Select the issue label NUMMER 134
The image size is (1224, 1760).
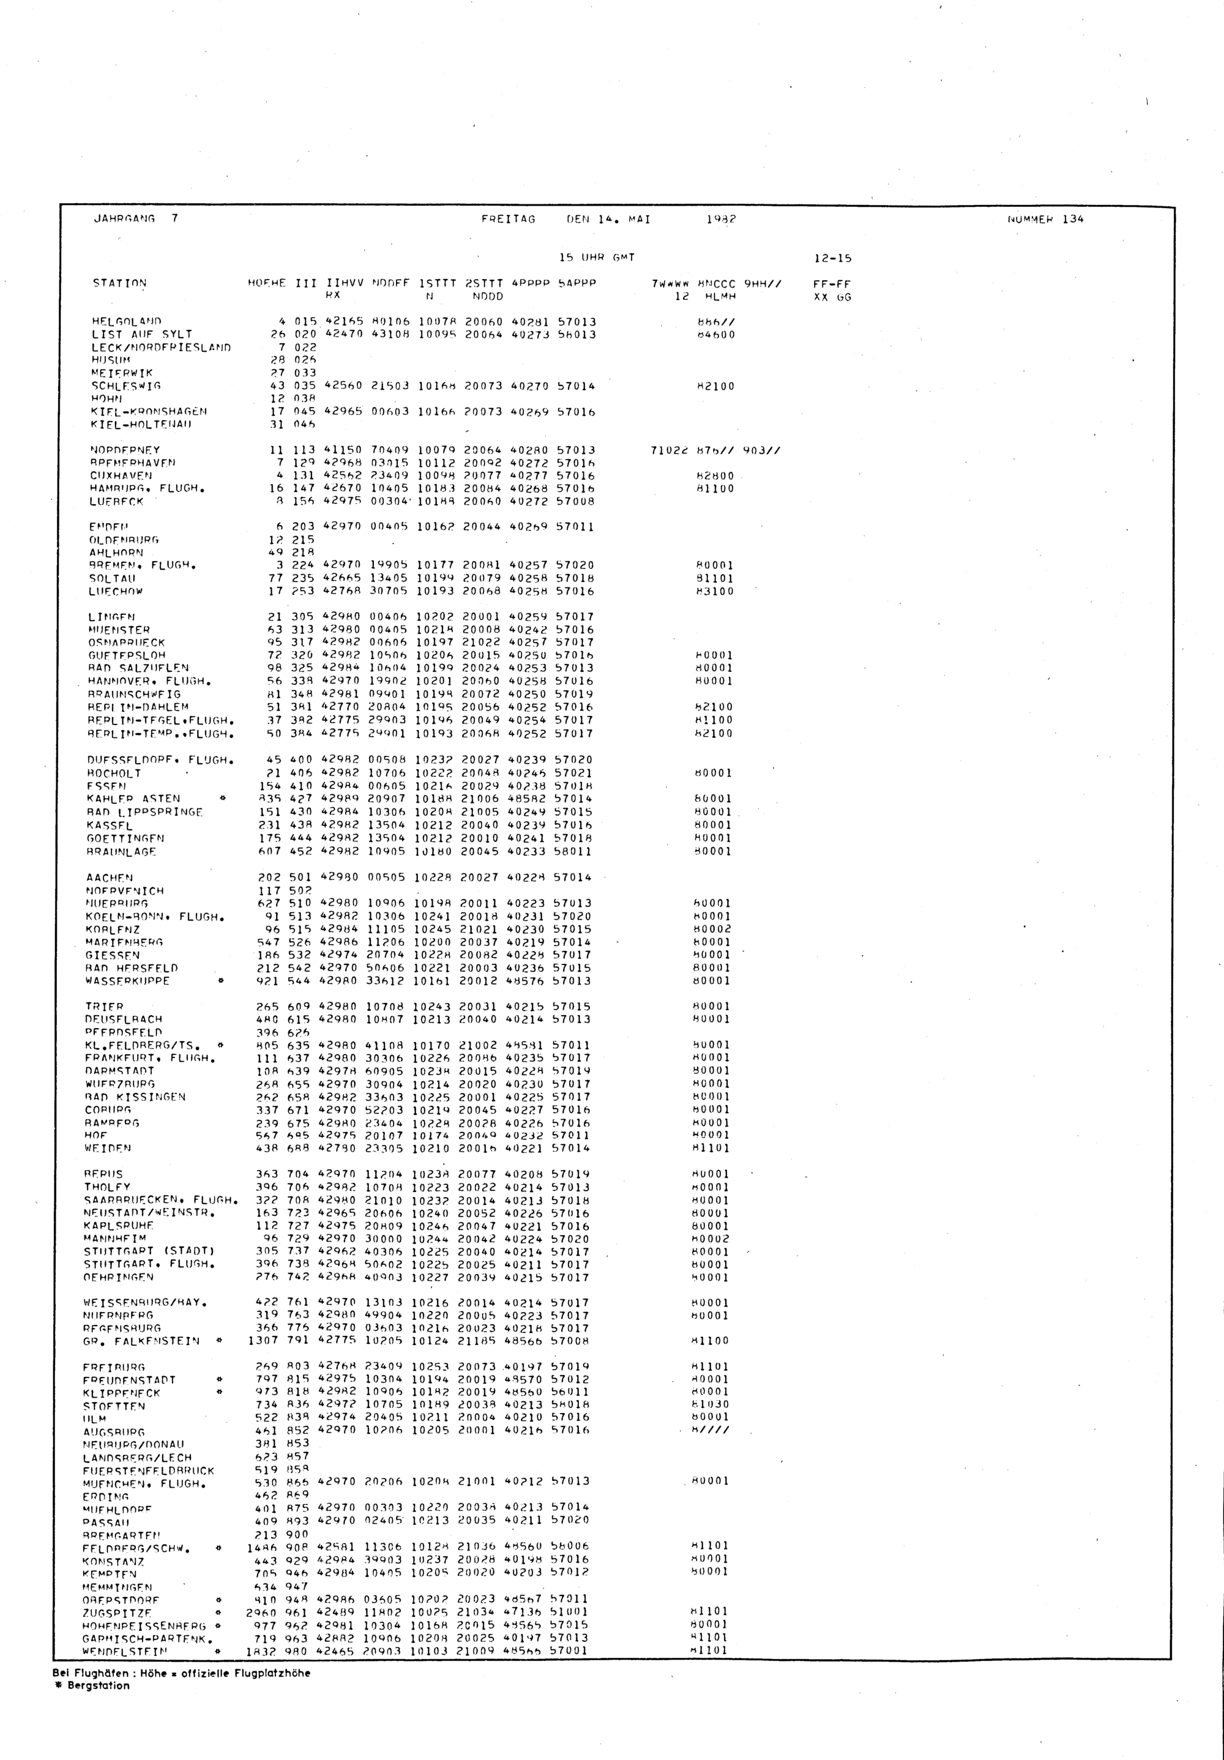pyautogui.click(x=1045, y=219)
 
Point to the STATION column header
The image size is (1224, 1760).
pyautogui.click(x=119, y=283)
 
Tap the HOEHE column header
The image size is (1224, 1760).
pyautogui.click(x=267, y=283)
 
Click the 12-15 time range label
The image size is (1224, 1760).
pyautogui.click(x=832, y=258)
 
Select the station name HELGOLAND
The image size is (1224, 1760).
pyautogui.click(x=127, y=321)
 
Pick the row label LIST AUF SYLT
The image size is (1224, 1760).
pyautogui.click(x=142, y=334)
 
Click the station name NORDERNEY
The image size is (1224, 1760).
pyautogui.click(x=125, y=450)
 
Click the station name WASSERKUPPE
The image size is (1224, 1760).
pyautogui.click(x=127, y=980)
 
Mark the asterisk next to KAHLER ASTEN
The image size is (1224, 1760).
pyautogui.click(x=222, y=799)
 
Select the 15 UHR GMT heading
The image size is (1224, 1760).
pyautogui.click(x=597, y=258)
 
